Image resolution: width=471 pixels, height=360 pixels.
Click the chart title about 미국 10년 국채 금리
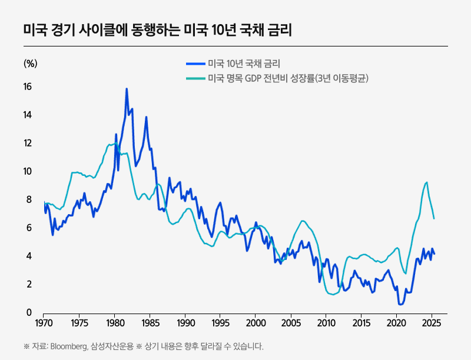(157, 29)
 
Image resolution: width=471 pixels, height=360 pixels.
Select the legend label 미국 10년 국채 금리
(244, 64)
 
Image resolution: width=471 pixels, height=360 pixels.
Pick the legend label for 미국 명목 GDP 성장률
(288, 78)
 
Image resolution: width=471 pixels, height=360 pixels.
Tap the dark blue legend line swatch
(195, 64)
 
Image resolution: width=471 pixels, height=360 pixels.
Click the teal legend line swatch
(195, 78)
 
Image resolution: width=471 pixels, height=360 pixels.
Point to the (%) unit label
(30, 64)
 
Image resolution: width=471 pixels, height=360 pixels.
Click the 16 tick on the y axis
(27, 87)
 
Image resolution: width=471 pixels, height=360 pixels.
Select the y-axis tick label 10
(27, 172)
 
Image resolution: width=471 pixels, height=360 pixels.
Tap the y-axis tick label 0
(29, 313)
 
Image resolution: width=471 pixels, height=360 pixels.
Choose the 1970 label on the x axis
(44, 324)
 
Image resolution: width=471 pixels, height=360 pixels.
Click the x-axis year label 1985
(150, 324)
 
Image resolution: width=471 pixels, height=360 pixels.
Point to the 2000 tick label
(256, 324)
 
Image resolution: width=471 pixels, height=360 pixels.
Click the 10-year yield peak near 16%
(127, 89)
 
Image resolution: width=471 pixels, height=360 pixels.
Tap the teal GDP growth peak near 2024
(426, 182)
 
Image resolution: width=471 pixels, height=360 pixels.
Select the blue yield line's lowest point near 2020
(400, 304)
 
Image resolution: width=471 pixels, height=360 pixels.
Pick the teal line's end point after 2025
(434, 218)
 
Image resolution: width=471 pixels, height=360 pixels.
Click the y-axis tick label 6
(29, 228)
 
